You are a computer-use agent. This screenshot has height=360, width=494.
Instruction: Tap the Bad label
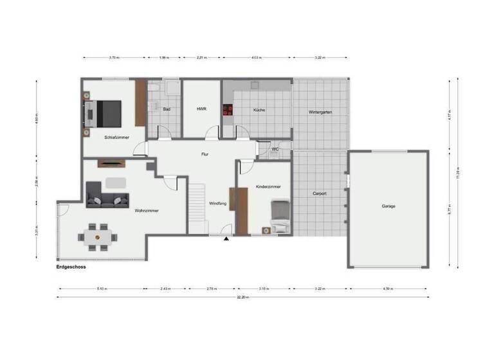click(166, 109)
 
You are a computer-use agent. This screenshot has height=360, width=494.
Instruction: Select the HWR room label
click(201, 109)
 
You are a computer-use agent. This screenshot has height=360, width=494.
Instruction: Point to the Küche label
click(259, 110)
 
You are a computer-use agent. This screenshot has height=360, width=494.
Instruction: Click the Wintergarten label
click(320, 112)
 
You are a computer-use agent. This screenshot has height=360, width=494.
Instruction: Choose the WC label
click(275, 149)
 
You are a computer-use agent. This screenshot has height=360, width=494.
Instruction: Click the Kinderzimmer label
click(268, 186)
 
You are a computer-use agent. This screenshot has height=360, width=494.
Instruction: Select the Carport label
click(320, 193)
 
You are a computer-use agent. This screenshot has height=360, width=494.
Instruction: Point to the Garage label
click(388, 206)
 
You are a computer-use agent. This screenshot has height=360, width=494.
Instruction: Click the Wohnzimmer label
click(147, 210)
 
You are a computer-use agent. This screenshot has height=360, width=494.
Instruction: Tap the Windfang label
click(217, 204)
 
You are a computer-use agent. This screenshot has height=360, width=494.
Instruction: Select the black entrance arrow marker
click(226, 240)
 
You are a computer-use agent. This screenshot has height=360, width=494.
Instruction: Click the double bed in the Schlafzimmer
click(107, 114)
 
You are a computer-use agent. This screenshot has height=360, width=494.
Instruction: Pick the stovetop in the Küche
click(228, 110)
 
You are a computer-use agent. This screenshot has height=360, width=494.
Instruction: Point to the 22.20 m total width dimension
click(241, 297)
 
